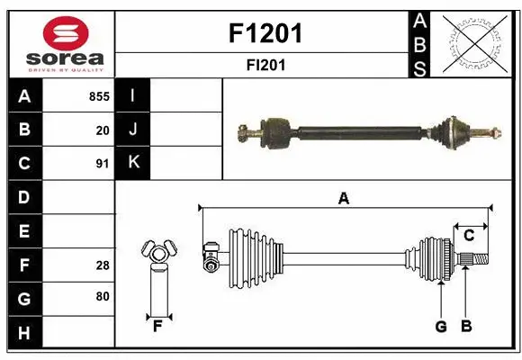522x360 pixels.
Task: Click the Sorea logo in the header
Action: tap(62, 43)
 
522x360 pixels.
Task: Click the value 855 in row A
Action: tap(99, 96)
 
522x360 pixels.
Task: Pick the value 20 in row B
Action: tap(103, 130)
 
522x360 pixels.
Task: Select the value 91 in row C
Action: tap(103, 164)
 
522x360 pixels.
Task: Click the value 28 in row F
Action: tap(103, 265)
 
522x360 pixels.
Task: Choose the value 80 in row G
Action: tap(103, 295)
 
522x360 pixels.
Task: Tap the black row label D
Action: tap(24, 196)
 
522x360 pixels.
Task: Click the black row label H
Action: tap(24, 333)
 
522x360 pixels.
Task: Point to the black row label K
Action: tap(133, 163)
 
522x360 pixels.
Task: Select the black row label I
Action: tap(133, 95)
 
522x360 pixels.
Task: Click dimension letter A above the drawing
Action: tap(343, 199)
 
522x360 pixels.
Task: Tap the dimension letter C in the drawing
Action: tap(469, 236)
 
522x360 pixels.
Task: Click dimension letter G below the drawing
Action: tap(441, 327)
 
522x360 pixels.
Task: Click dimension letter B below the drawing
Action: tap(466, 327)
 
